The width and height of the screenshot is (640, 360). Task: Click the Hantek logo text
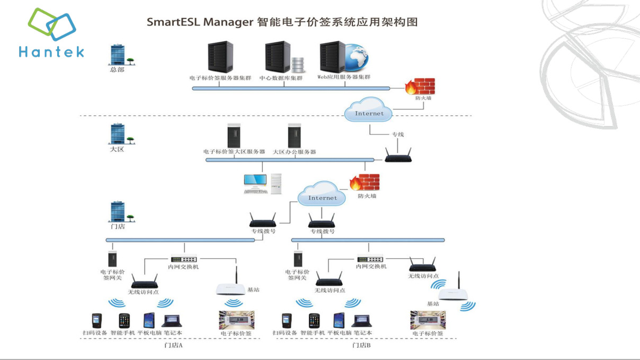[x=51, y=51]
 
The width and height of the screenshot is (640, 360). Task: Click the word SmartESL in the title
[x=173, y=22]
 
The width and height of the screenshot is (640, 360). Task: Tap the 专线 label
[x=397, y=134]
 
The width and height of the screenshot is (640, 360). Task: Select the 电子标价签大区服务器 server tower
[x=233, y=136]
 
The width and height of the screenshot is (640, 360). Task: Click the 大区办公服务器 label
[x=294, y=152]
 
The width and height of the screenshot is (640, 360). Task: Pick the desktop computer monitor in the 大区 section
[x=255, y=182]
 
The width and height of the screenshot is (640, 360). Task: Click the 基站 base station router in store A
[x=231, y=288]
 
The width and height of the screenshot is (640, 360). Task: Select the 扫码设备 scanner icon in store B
[x=286, y=321]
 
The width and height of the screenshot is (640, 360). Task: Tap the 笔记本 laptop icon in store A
[x=172, y=321]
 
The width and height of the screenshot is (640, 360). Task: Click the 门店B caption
[x=361, y=345]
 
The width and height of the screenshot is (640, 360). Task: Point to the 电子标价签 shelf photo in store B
[x=428, y=320]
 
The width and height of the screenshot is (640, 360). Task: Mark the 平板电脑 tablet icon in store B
[x=339, y=321]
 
